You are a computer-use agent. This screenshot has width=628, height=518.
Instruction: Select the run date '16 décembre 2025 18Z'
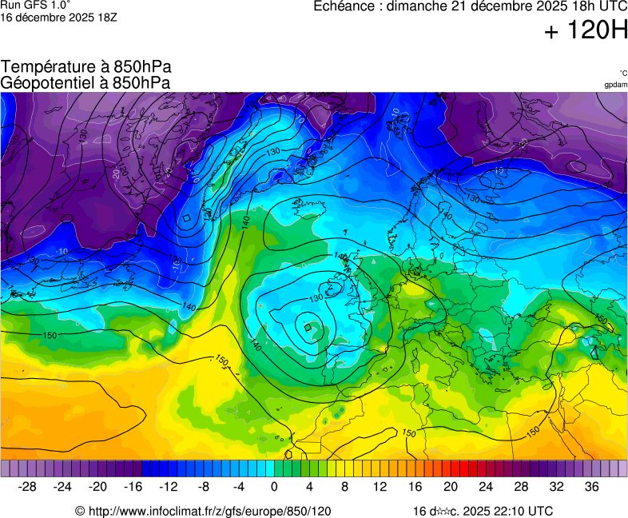(x=58, y=17)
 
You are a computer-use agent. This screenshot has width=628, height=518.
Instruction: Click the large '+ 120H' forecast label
(x=586, y=31)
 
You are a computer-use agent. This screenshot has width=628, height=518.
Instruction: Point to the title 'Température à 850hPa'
(x=85, y=67)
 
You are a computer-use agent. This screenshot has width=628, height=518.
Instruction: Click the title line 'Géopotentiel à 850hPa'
(x=85, y=82)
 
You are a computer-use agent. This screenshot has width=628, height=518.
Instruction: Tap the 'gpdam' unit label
(x=615, y=85)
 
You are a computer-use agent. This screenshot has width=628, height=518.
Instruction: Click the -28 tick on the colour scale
(x=28, y=486)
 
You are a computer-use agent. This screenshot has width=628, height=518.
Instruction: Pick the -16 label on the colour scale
(x=133, y=486)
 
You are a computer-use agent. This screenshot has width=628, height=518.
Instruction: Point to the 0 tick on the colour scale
(x=274, y=486)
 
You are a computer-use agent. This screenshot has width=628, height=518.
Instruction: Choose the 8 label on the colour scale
(x=344, y=486)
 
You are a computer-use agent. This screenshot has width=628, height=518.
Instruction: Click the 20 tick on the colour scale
(x=451, y=486)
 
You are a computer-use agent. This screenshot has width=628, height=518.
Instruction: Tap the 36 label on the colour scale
(x=591, y=486)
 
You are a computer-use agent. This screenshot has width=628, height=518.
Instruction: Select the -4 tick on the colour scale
(x=239, y=486)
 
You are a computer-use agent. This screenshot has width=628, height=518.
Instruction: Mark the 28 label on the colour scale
(x=521, y=486)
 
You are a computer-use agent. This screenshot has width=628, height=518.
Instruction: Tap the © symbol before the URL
(x=80, y=511)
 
